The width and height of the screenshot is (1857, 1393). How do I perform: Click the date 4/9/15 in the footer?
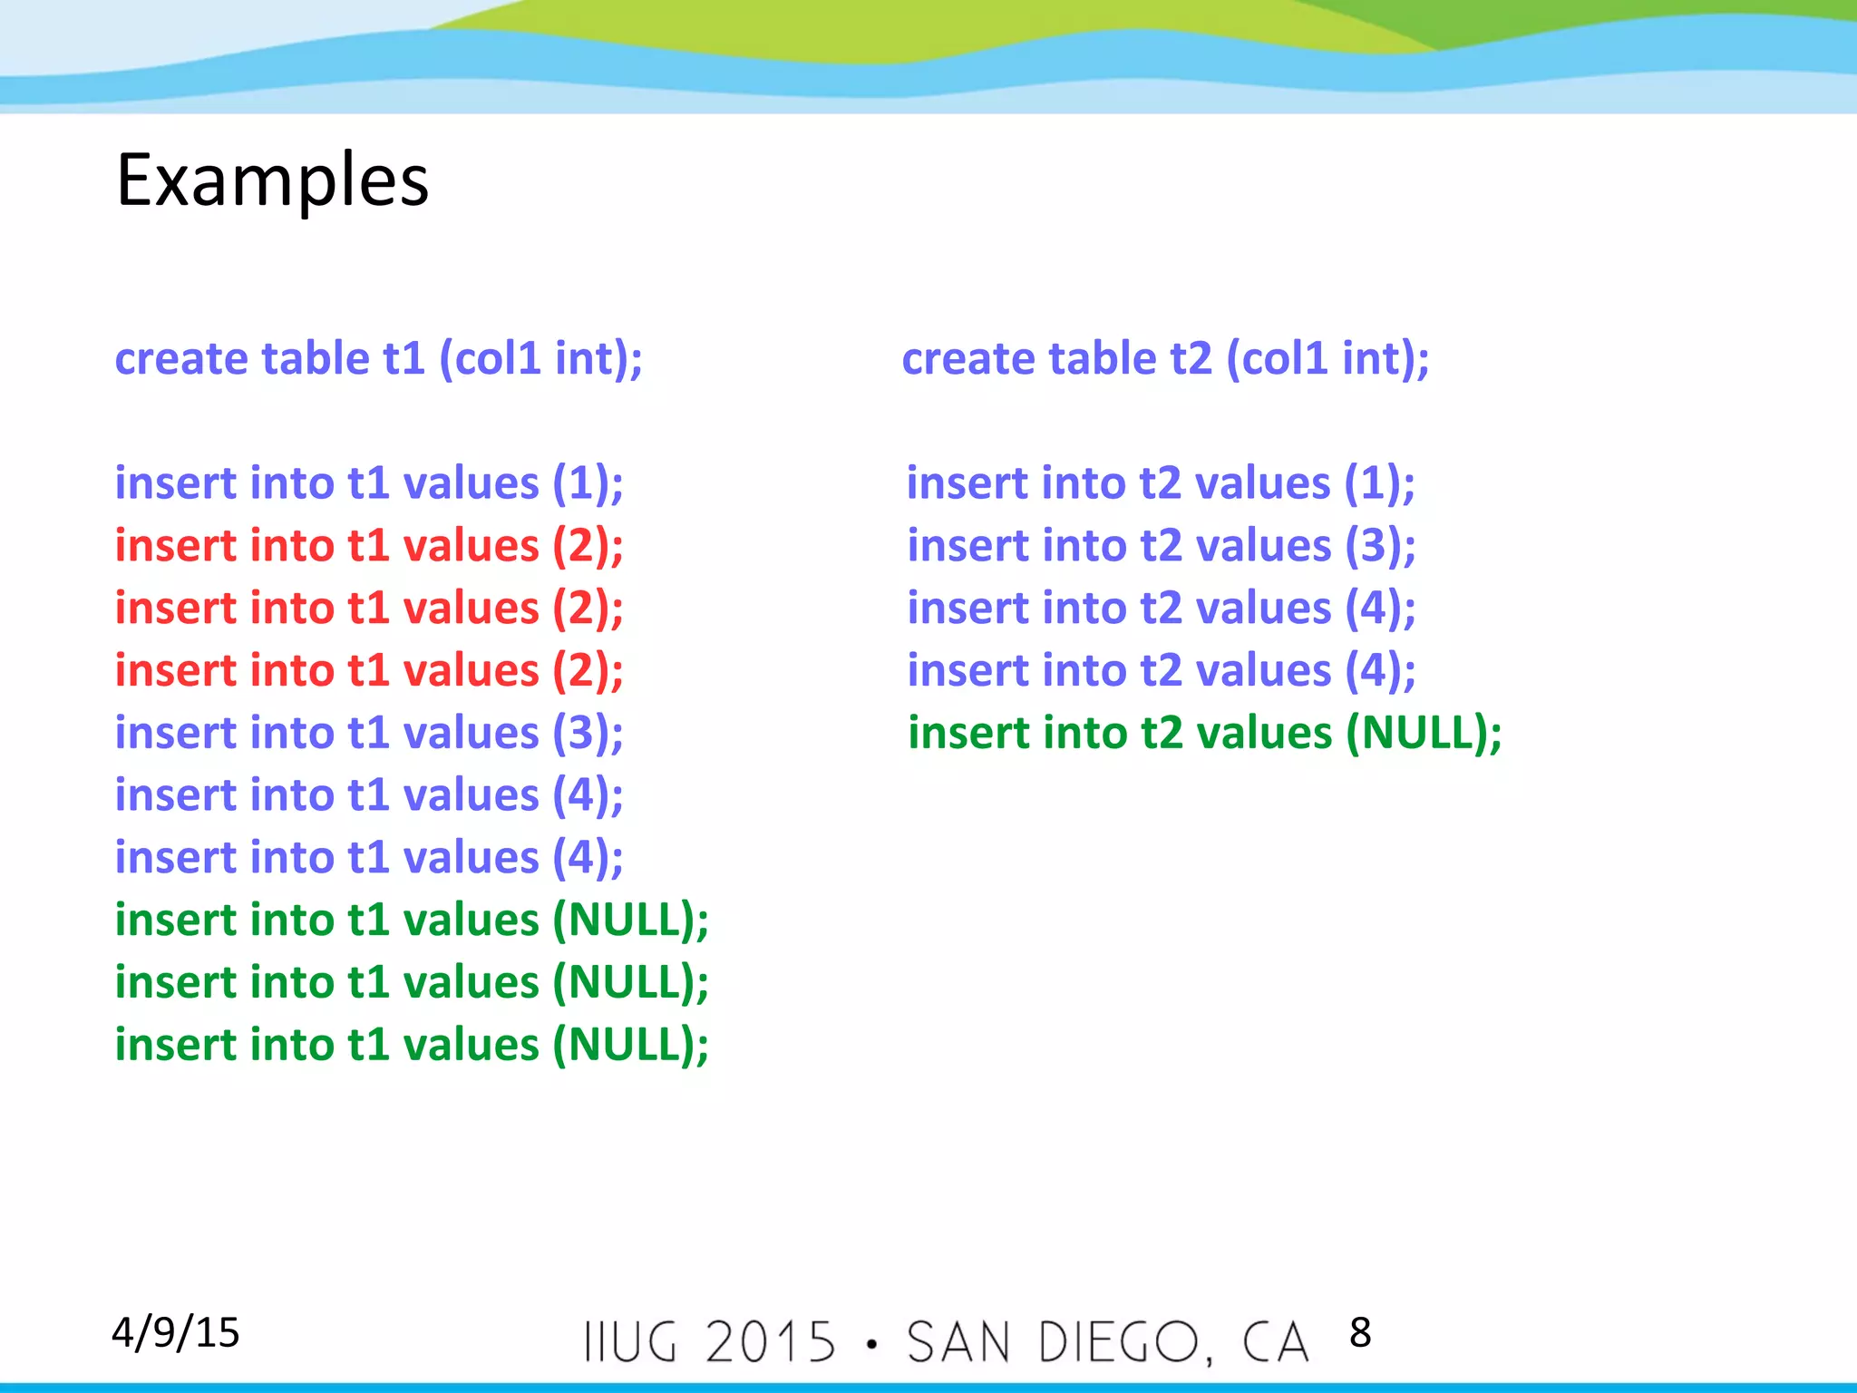click(x=175, y=1332)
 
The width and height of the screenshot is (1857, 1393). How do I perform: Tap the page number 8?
click(x=1359, y=1332)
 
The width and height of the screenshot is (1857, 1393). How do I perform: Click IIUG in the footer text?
click(x=630, y=1342)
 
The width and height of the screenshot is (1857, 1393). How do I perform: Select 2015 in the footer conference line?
click(x=771, y=1342)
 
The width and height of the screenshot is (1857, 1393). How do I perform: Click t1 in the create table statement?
click(x=403, y=358)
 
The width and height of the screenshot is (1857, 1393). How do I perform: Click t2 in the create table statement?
click(x=1191, y=358)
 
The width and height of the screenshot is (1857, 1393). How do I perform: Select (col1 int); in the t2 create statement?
click(x=1327, y=358)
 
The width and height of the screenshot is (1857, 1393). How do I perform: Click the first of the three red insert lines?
click(x=369, y=546)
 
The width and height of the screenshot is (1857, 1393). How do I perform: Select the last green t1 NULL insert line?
click(x=411, y=1045)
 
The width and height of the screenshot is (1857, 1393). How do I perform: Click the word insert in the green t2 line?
click(x=968, y=733)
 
